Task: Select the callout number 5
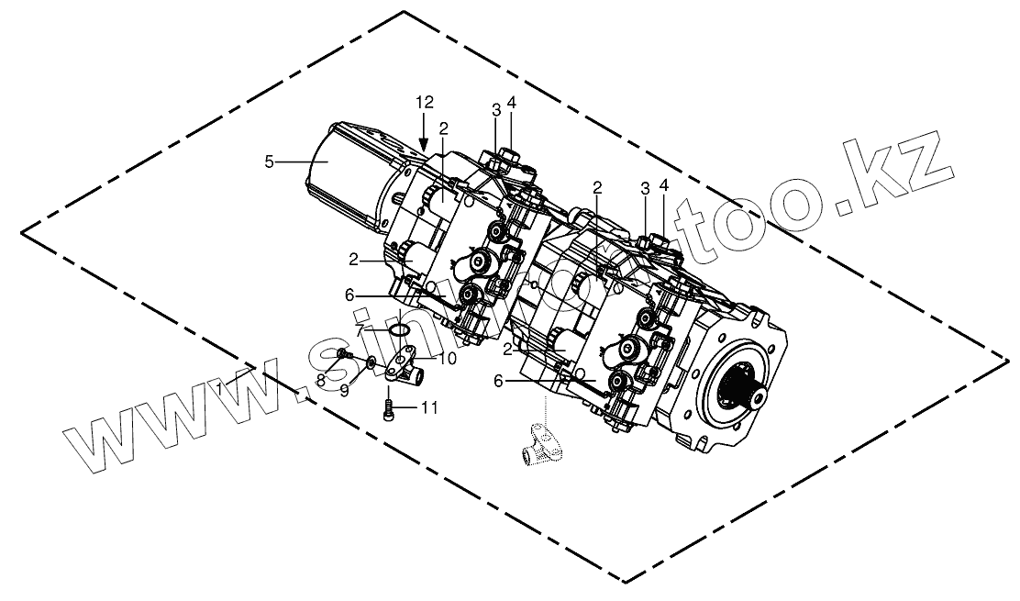tap(269, 161)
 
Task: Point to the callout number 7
tap(361, 328)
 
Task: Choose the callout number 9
tap(346, 389)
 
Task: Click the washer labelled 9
tap(369, 363)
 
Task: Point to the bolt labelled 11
tap(389, 407)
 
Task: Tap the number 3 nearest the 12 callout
tap(495, 110)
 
